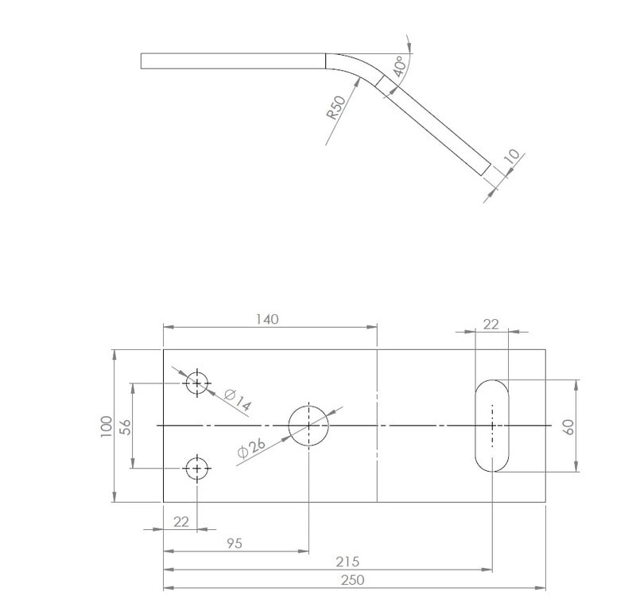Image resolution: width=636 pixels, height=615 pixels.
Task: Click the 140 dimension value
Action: (x=267, y=319)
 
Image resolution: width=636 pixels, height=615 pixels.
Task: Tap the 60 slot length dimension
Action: (x=568, y=426)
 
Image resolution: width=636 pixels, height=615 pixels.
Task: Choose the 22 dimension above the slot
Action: (x=491, y=324)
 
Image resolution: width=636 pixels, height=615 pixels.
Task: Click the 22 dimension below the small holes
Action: (x=181, y=521)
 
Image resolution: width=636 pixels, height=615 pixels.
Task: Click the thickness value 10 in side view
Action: (x=511, y=157)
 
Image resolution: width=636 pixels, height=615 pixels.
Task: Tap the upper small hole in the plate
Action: (x=197, y=383)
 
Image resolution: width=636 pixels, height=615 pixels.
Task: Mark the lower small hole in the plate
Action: (x=197, y=469)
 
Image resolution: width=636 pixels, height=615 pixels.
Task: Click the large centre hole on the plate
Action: (x=308, y=426)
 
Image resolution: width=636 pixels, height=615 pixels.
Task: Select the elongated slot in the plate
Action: (x=492, y=426)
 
